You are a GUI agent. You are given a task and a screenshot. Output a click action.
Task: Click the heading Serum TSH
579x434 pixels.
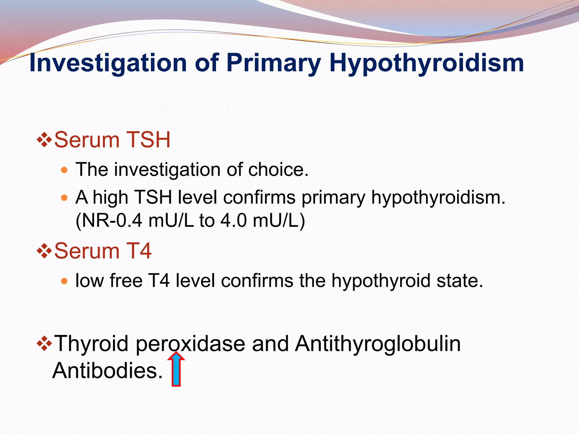click(112, 140)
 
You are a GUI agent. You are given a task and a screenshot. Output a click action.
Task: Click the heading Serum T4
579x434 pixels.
click(102, 251)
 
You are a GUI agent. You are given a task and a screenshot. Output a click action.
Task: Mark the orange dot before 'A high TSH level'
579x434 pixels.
click(64, 198)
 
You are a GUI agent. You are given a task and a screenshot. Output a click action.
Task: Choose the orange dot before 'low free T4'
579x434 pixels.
click(64, 281)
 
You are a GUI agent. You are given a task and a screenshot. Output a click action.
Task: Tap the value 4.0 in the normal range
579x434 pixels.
click(234, 220)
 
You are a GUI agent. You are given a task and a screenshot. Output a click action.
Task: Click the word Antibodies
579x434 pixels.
click(107, 370)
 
